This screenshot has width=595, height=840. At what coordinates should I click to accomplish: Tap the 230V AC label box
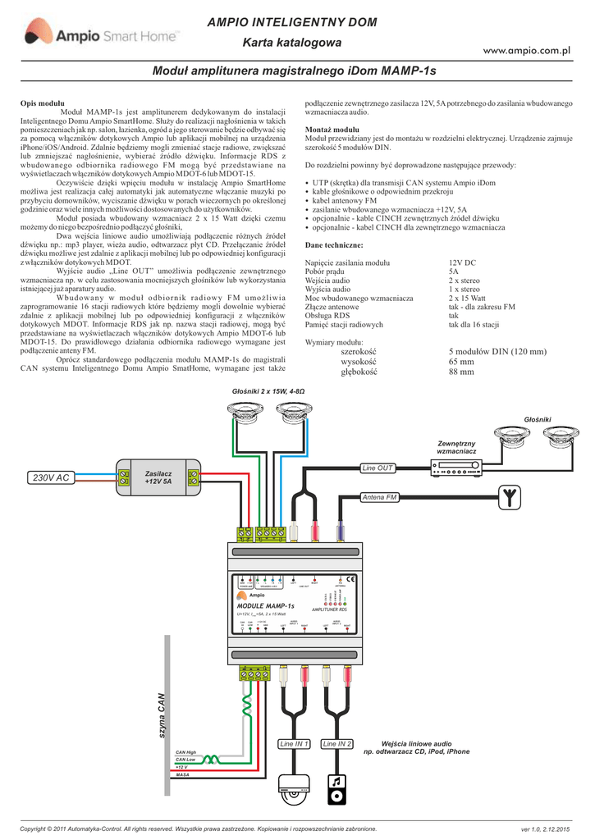50,477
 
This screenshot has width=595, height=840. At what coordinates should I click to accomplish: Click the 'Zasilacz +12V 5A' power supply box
158,477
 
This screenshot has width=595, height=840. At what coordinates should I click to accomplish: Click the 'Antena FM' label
380,498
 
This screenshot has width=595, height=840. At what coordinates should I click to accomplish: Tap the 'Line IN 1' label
294,744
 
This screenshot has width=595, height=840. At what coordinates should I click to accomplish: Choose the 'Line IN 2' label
337,744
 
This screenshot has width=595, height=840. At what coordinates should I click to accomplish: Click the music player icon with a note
337,790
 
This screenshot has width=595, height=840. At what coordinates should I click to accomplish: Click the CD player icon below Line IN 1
294,790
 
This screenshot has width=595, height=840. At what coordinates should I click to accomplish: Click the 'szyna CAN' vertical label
162,719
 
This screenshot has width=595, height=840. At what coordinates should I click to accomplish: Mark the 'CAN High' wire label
186,752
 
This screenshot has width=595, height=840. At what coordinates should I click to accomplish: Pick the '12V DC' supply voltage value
462,262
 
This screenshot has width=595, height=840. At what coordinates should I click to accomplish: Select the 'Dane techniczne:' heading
333,245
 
